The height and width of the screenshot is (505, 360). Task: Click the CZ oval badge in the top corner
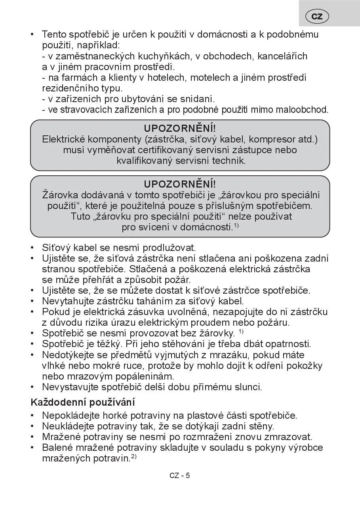click(317, 16)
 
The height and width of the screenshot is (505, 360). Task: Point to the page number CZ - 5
click(180, 475)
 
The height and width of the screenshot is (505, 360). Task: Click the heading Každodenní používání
click(83, 402)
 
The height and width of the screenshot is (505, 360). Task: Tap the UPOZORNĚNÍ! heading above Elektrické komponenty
click(180, 128)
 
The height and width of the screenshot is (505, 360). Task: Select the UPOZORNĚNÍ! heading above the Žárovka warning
click(180, 184)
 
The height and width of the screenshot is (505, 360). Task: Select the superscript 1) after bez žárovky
click(241, 331)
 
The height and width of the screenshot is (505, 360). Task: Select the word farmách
click(76, 77)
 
